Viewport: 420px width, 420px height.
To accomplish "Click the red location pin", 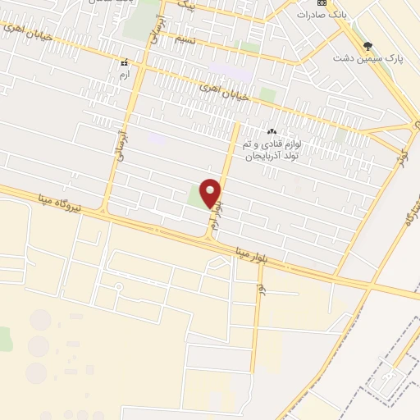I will [x=211, y=192].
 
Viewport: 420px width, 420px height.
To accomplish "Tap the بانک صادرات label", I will [x=317, y=14].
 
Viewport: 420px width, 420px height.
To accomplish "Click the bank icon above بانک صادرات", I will [x=322, y=2].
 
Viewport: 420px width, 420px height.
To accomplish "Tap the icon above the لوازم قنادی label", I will [x=271, y=131].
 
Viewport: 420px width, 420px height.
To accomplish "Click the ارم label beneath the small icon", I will [x=125, y=75].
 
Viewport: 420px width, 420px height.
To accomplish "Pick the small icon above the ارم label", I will [x=125, y=63].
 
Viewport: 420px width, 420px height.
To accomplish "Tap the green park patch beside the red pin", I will [x=194, y=195].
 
